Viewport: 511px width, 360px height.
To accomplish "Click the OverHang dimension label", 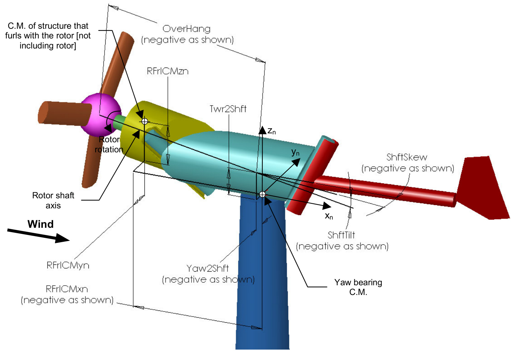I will [187, 29].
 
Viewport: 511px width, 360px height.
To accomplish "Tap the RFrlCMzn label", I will [167, 71].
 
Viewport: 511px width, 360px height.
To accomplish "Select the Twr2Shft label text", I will [228, 109].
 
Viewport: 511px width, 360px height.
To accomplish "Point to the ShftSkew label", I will [407, 157].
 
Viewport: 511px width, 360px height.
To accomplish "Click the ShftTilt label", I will [341, 235].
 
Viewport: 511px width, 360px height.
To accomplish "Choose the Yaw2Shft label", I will [208, 268].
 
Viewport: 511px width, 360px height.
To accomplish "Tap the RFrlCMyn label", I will [68, 266].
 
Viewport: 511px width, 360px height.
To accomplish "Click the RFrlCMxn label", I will [67, 289].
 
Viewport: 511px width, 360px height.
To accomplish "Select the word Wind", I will [41, 224].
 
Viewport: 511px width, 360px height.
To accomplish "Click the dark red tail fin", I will [483, 187].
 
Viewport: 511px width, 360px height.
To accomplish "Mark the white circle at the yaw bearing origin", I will [262, 194].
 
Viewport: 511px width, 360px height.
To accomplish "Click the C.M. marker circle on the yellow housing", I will [144, 121].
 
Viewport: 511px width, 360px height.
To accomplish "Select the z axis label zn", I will [272, 131].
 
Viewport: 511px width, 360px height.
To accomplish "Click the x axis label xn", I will [329, 216].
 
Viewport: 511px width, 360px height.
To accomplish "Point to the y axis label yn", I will [295, 152].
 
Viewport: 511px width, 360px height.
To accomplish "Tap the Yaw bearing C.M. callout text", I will [358, 287].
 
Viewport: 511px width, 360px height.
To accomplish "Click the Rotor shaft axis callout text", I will [53, 200].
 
